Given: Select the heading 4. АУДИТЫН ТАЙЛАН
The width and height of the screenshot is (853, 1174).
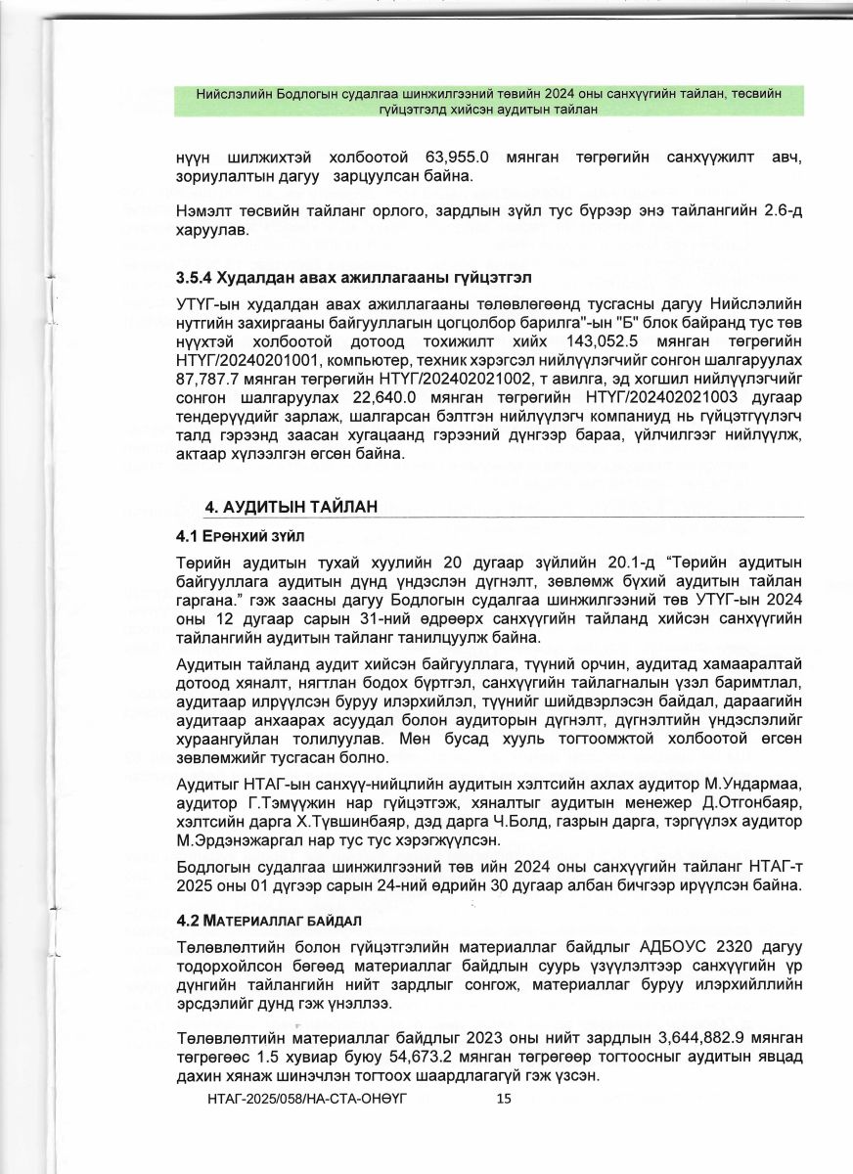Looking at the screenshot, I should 291,506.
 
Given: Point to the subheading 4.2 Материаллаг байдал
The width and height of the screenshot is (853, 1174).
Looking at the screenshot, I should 269,922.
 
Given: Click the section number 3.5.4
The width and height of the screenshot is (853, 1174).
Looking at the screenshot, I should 194,278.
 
